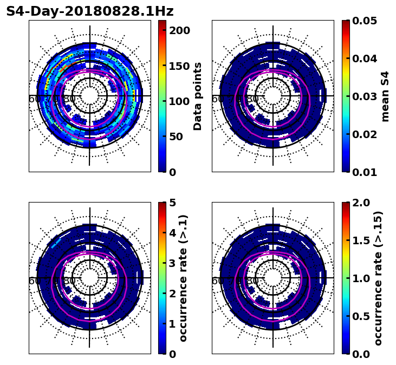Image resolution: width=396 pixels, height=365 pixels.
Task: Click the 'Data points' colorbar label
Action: tap(198, 96)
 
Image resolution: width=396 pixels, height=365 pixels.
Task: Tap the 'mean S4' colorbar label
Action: tap(385, 96)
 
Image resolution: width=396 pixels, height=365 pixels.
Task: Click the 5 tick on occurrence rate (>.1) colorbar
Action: tap(173, 203)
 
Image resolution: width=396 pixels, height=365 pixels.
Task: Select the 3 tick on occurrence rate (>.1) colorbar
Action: tap(173, 263)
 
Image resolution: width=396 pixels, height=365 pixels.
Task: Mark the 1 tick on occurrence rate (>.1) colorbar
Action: tap(173, 324)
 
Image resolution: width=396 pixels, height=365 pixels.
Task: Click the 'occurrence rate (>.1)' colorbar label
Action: tap(183, 278)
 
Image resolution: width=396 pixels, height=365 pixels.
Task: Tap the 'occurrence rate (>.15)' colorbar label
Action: tap(378, 278)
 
